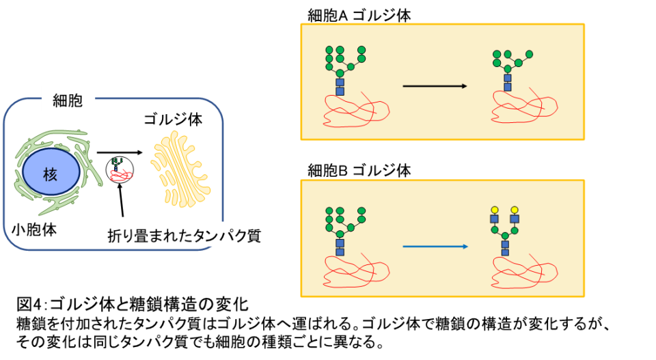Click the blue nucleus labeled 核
[x=51, y=172]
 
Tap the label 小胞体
[x=34, y=230]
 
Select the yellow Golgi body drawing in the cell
[x=180, y=169]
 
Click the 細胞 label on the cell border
[x=68, y=101]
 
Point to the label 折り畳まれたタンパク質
[x=184, y=236]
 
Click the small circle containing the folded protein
[x=120, y=169]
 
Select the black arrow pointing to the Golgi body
[x=120, y=152]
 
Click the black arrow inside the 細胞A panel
[x=435, y=86]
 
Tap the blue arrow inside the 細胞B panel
[x=435, y=247]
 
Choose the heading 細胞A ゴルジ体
[x=359, y=16]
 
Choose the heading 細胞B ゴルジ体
[x=359, y=170]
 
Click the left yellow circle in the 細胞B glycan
[x=494, y=210]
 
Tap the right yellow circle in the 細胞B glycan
[x=515, y=210]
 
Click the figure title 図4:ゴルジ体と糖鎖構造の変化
[x=133, y=304]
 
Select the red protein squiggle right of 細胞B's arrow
[x=524, y=272]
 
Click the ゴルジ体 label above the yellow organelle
[x=173, y=120]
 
